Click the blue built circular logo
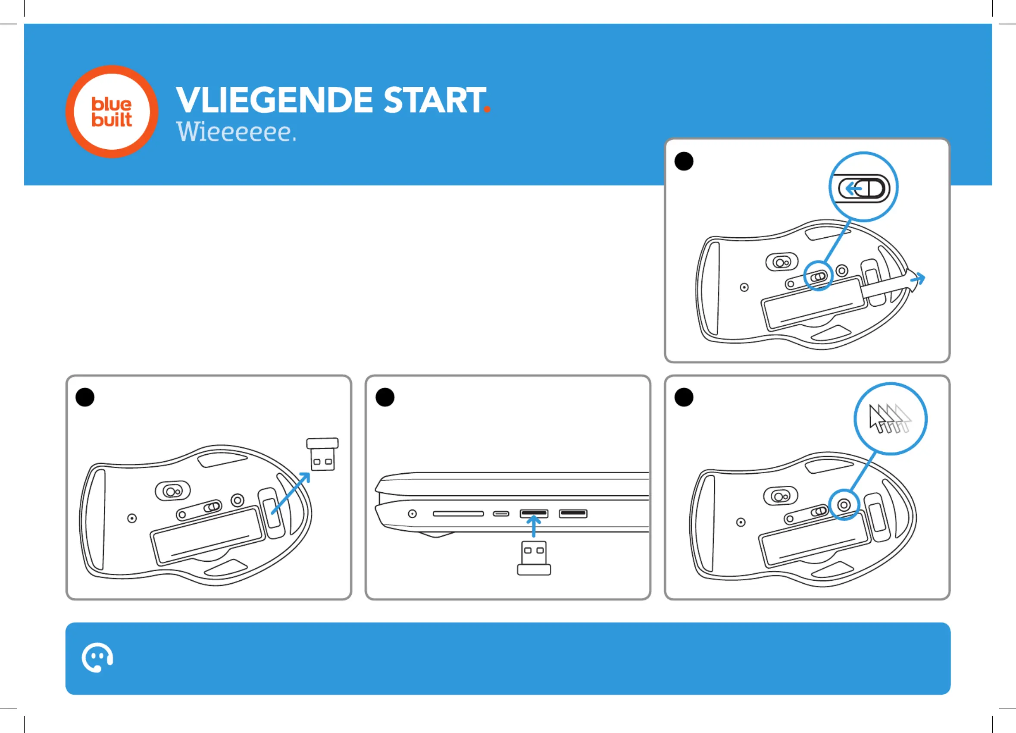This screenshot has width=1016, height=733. point(112,112)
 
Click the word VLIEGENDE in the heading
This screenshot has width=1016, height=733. point(274,100)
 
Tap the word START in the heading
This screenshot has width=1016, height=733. point(435,100)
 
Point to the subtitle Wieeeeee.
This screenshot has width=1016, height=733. point(236,132)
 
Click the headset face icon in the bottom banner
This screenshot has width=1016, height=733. point(97,657)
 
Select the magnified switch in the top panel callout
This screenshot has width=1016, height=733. point(863,188)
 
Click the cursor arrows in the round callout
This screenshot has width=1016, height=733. point(890,419)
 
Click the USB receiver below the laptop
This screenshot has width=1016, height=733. point(534,558)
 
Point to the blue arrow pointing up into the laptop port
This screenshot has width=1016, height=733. point(533,525)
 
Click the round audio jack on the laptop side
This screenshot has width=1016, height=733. point(412,513)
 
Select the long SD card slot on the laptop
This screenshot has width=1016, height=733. point(458,514)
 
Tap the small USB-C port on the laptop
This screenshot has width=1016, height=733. point(501,514)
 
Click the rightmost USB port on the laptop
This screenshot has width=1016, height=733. point(572,513)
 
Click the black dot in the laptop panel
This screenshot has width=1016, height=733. point(385,397)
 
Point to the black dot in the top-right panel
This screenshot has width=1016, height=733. point(684,161)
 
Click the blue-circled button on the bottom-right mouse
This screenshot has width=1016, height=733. point(844,505)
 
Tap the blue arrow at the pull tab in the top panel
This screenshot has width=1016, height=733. point(917,279)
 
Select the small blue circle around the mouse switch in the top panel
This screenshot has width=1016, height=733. point(818,276)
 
